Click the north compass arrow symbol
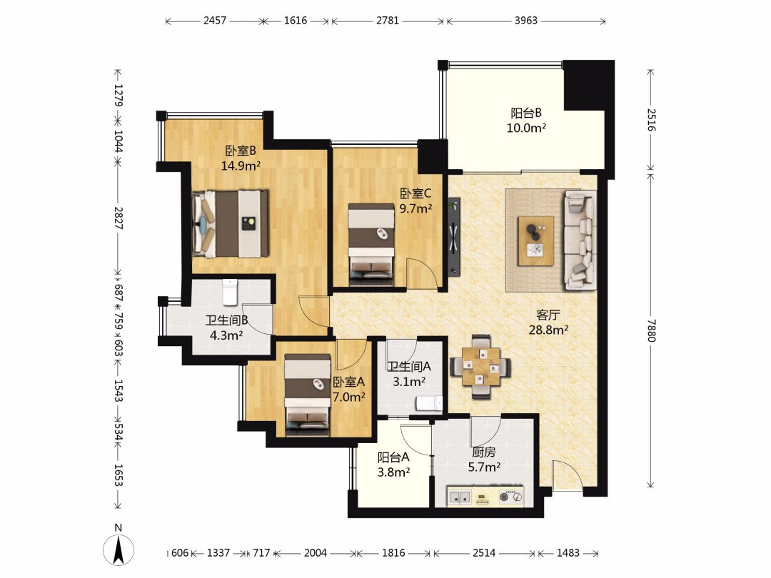(x=118, y=549)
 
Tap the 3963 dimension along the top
(x=525, y=21)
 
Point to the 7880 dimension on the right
(x=651, y=330)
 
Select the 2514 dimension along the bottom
(x=484, y=553)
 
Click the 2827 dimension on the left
(x=119, y=218)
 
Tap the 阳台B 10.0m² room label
(x=526, y=121)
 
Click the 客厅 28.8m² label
(x=548, y=323)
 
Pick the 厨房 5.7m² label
(x=484, y=460)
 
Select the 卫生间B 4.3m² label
(x=226, y=328)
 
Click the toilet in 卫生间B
(x=230, y=292)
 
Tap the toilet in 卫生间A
(x=429, y=403)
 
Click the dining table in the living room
(x=481, y=367)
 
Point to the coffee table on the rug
(x=536, y=241)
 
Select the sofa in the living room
(x=580, y=239)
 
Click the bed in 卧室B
(x=230, y=223)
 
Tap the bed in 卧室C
(x=371, y=245)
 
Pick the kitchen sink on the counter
(x=458, y=497)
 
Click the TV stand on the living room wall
(x=454, y=236)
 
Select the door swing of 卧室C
(x=421, y=273)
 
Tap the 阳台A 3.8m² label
(x=394, y=465)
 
